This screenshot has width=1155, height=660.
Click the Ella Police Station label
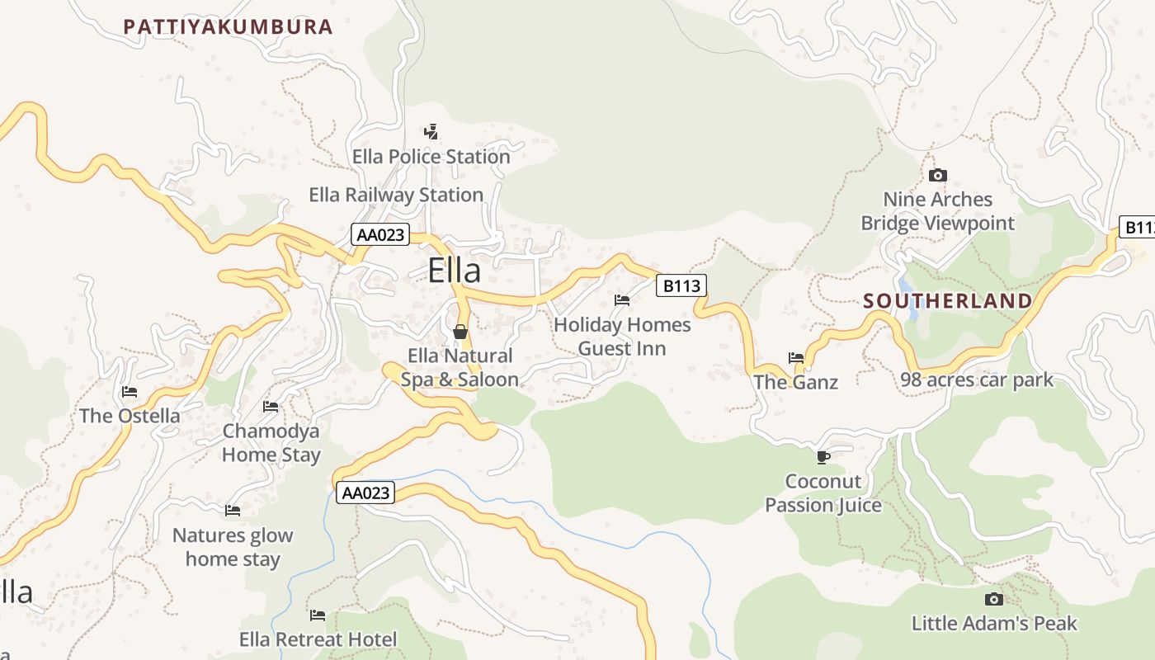tap(431, 156)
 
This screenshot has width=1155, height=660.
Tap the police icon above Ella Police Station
tap(431, 131)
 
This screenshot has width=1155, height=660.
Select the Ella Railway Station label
tap(396, 195)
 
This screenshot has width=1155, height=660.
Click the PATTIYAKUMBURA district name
tap(228, 26)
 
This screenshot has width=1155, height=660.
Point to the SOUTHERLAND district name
tap(948, 301)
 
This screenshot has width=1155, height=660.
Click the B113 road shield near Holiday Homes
tap(681, 285)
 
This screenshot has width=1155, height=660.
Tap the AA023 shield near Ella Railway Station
tap(380, 234)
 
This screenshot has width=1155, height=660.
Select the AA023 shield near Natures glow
tap(365, 493)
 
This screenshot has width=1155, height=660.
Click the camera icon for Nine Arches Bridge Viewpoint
tap(938, 175)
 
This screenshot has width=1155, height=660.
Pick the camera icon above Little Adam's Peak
tap(994, 599)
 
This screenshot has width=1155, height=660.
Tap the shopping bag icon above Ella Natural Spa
tap(460, 332)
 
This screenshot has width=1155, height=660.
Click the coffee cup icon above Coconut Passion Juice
tap(823, 456)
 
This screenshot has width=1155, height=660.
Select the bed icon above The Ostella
tap(130, 391)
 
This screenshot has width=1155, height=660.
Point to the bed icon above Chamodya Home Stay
tap(271, 406)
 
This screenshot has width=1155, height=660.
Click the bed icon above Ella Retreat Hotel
tap(318, 615)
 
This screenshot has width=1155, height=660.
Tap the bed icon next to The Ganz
tap(796, 357)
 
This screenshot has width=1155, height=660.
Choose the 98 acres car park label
tap(977, 379)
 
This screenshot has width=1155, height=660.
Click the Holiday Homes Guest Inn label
tap(622, 336)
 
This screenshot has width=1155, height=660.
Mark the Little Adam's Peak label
tap(994, 623)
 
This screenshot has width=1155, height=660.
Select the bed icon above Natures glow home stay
tap(233, 511)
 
